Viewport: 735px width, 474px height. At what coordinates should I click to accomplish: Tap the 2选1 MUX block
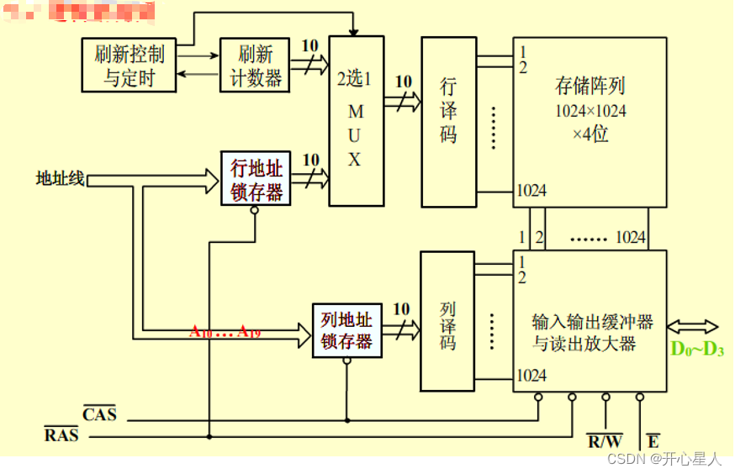pyautogui.click(x=356, y=120)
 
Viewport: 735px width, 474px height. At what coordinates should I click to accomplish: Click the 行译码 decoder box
pyautogui.click(x=448, y=122)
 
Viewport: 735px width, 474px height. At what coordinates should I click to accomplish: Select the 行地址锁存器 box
pyautogui.click(x=256, y=178)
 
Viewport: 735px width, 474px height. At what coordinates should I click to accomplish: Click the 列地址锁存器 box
pyautogui.click(x=346, y=330)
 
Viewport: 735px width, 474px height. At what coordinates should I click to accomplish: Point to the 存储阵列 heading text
pyautogui.click(x=590, y=86)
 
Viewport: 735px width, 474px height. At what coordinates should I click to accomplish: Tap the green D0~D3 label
pyautogui.click(x=697, y=349)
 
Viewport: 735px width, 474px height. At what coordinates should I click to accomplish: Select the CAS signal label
pyautogui.click(x=99, y=413)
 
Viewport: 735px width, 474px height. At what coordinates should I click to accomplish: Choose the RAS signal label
pyautogui.click(x=61, y=434)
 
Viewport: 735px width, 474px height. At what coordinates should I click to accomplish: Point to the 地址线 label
pyautogui.click(x=60, y=178)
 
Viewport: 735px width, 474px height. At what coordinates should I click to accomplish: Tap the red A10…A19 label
pyautogui.click(x=225, y=332)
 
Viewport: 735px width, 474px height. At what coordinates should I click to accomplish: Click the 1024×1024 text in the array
pyautogui.click(x=590, y=111)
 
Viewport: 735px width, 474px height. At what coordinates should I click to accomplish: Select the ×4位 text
pyautogui.click(x=590, y=134)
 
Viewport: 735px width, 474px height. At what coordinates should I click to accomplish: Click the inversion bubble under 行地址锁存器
pyautogui.click(x=255, y=210)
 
